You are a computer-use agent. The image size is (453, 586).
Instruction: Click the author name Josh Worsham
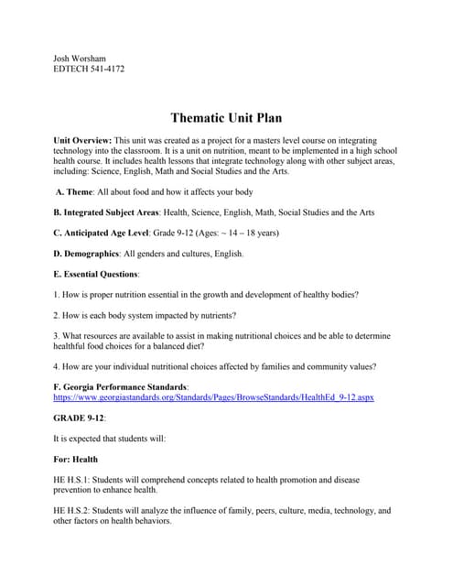pos(80,58)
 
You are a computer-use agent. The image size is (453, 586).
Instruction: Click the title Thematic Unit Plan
pos(226,118)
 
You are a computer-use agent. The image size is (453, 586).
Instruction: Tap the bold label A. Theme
pos(86,191)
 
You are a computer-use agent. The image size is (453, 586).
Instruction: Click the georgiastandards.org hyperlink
pos(214,398)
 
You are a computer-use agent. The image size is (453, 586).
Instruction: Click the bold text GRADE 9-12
pos(80,418)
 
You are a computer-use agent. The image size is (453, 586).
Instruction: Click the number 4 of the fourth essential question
pos(57,367)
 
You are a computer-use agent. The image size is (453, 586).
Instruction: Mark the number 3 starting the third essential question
pos(57,335)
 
